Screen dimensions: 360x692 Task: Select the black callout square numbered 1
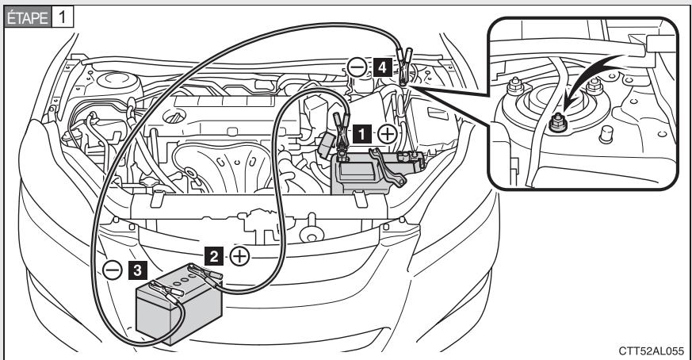(361, 134)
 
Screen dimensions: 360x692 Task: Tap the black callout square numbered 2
(212, 255)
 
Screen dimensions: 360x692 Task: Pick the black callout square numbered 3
(136, 270)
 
